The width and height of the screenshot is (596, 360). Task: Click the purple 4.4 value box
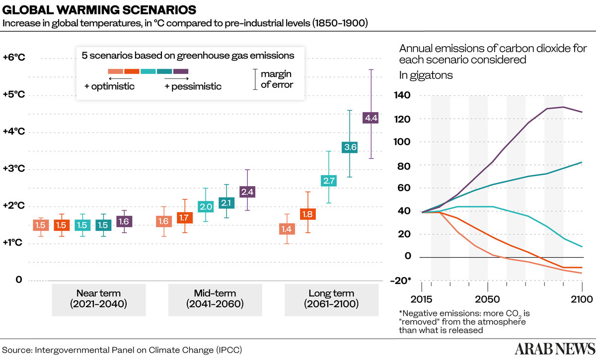371,118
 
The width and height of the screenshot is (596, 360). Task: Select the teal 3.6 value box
350,147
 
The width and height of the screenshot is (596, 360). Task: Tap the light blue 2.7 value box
329,181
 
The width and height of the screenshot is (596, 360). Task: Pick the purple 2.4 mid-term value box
247,191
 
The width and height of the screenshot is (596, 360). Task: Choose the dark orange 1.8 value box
308,214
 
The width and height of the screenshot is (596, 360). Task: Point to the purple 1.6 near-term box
124,221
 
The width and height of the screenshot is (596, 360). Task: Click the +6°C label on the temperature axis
13,57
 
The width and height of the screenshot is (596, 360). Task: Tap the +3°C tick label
13,169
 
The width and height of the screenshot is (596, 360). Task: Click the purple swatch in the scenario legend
181,72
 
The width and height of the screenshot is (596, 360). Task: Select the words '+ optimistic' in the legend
110,86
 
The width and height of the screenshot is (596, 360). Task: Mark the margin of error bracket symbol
255,79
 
